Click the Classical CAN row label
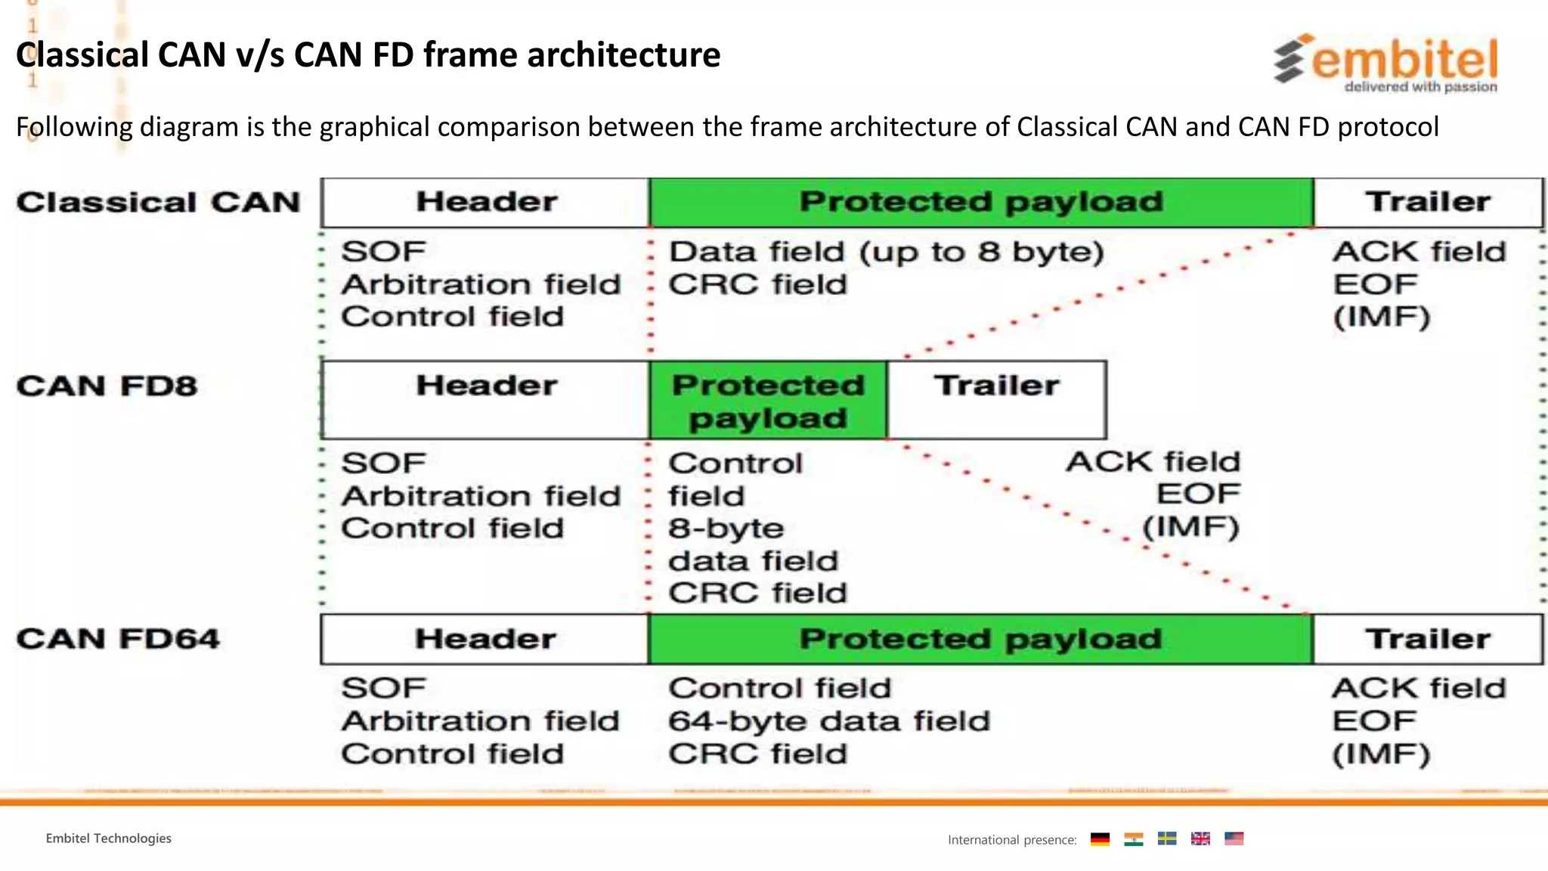(159, 203)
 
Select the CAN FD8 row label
(107, 386)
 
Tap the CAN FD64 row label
(118, 639)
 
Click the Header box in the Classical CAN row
(485, 203)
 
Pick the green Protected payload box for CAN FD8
(768, 401)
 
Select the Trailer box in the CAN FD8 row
(996, 399)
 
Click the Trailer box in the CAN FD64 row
(1427, 640)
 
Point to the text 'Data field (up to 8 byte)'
(886, 252)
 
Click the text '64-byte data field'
(828, 721)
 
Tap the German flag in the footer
(1100, 839)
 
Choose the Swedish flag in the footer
(1167, 839)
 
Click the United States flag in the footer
(1234, 839)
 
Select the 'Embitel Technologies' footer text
(108, 838)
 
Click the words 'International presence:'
(1012, 840)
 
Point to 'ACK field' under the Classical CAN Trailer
(1419, 252)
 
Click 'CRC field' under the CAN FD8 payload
(757, 594)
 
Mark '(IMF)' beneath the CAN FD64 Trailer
(1380, 755)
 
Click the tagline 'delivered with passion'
(1420, 87)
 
